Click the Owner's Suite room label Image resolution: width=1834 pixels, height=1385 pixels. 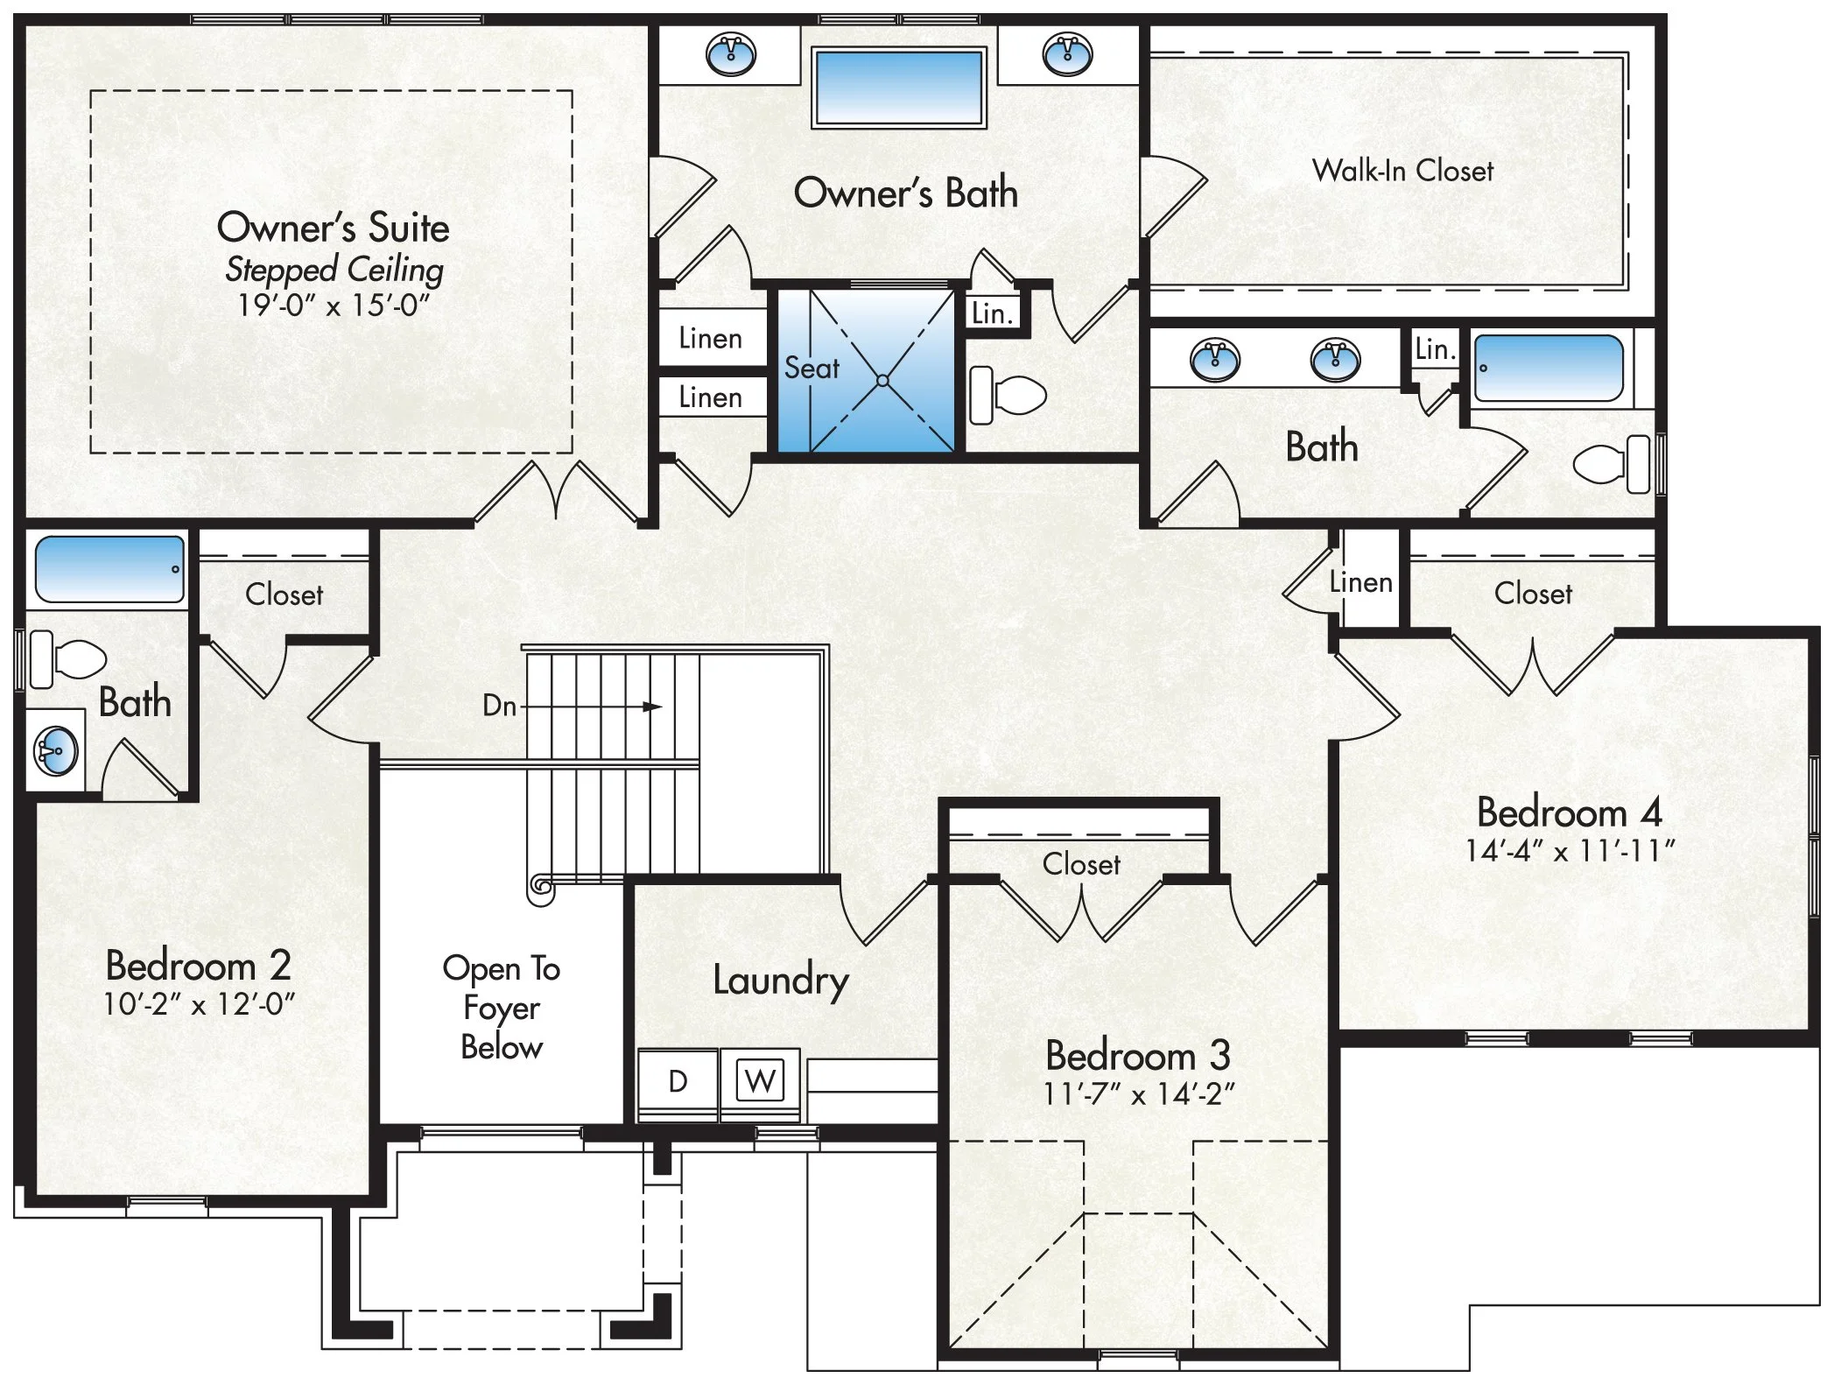coord(333,228)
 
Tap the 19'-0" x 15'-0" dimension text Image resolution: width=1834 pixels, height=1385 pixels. coord(334,306)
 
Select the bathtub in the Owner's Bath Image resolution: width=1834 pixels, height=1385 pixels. coord(898,88)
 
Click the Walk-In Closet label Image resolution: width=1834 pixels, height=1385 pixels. coord(1402,170)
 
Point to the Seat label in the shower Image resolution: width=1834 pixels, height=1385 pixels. coord(812,368)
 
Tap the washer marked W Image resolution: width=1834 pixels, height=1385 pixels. coord(760,1081)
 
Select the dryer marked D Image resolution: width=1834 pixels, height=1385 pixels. coord(678,1082)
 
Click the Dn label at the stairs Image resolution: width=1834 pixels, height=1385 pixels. coord(499,706)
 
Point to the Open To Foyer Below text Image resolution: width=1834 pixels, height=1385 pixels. coord(502,1008)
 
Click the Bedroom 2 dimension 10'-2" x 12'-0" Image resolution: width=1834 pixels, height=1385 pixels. coord(199,1004)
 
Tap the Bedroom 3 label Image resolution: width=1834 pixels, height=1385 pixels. coord(1138,1055)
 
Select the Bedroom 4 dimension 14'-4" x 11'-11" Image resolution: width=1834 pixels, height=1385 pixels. coord(1570,850)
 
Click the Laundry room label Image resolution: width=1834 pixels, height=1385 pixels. coord(780,981)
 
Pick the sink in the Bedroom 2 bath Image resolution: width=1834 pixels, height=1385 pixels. coord(56,750)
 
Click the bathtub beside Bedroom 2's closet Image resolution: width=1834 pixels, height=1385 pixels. coord(110,569)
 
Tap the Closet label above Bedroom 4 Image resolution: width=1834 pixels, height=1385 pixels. coord(1533,594)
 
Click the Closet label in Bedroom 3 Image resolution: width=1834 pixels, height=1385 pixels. coord(1081,864)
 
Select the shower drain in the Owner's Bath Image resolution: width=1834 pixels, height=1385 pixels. coord(882,381)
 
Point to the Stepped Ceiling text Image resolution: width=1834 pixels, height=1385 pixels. coord(334,270)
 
